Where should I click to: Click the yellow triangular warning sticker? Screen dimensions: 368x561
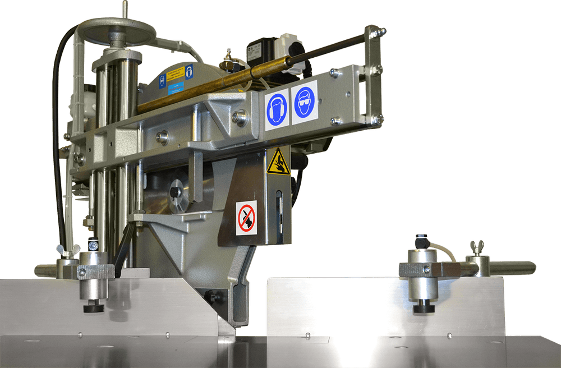coord(278,163)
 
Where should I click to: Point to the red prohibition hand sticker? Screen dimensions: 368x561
coord(246,218)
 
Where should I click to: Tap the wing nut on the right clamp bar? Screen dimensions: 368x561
coord(477,247)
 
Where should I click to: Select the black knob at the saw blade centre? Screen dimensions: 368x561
coord(176,192)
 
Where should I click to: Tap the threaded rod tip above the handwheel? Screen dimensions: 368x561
coord(123,8)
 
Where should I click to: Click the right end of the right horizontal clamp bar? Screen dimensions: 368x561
coord(527,268)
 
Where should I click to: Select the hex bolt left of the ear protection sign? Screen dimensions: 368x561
coord(241,117)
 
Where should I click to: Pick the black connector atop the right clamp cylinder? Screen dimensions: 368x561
coord(422,242)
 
